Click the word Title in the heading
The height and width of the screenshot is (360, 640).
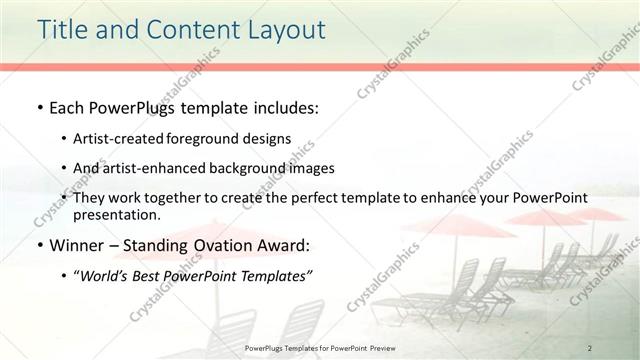tap(62, 31)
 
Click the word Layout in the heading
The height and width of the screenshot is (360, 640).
tap(283, 31)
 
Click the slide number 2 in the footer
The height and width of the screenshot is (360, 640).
tap(590, 347)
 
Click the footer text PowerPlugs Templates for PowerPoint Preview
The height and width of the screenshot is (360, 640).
tap(319, 347)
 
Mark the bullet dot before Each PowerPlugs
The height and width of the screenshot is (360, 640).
tap(38, 107)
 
